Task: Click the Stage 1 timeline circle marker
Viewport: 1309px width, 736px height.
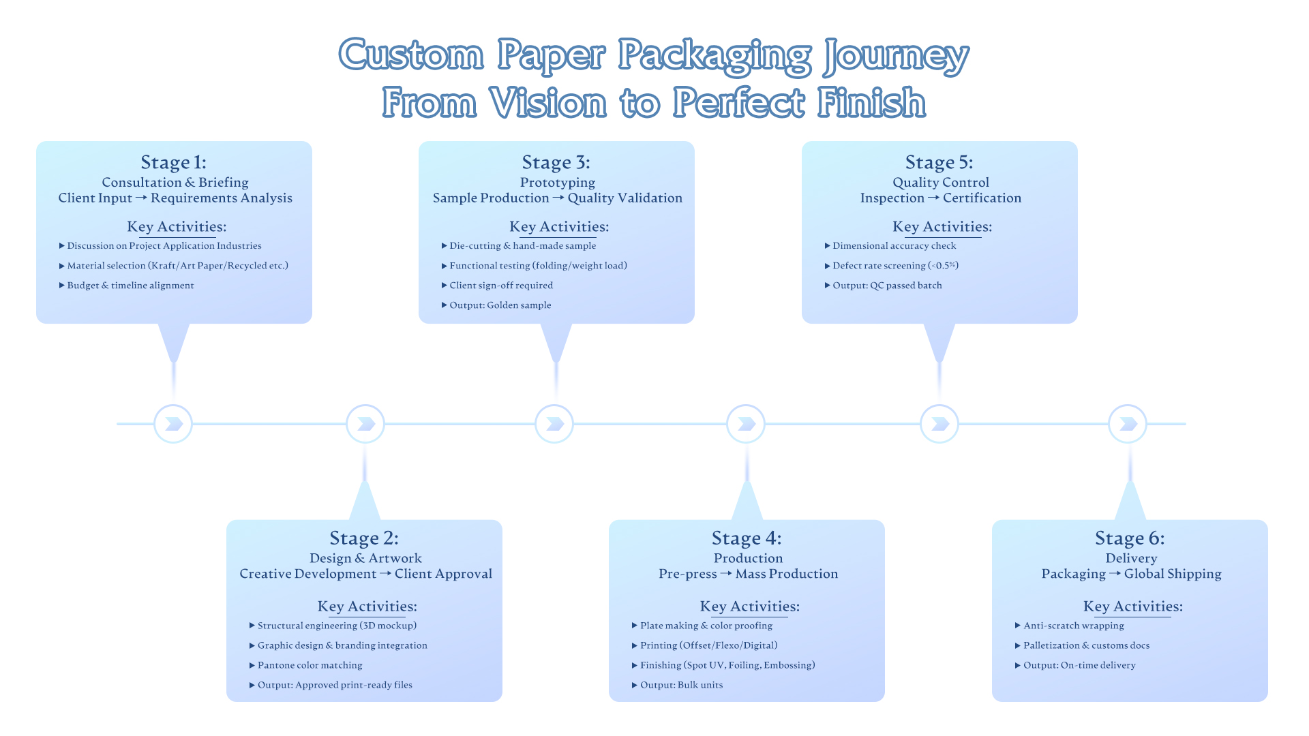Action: pyautogui.click(x=173, y=424)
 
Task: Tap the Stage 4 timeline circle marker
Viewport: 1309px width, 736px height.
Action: pyautogui.click(x=746, y=424)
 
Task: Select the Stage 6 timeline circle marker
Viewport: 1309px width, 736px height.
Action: pyautogui.click(x=1128, y=424)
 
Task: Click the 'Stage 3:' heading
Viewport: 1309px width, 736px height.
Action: pyautogui.click(x=556, y=162)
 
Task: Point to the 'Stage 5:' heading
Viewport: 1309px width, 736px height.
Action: pyautogui.click(x=939, y=162)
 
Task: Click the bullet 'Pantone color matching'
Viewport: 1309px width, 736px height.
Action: pyautogui.click(x=310, y=665)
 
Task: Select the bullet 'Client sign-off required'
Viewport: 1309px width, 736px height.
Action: pyautogui.click(x=501, y=286)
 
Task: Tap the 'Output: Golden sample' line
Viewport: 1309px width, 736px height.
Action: pyautogui.click(x=500, y=305)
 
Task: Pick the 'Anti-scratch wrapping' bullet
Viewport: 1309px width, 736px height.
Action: pyautogui.click(x=1073, y=626)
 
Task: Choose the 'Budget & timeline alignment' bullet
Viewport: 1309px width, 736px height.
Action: pyautogui.click(x=130, y=286)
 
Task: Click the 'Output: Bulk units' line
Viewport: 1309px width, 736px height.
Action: pyautogui.click(x=681, y=685)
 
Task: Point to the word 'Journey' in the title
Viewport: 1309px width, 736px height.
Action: pyautogui.click(x=896, y=56)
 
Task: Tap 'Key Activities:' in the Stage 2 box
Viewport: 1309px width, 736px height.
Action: pyautogui.click(x=367, y=607)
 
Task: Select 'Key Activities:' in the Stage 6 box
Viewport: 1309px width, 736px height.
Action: pyautogui.click(x=1132, y=607)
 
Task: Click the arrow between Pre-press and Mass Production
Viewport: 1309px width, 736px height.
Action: pyautogui.click(x=726, y=574)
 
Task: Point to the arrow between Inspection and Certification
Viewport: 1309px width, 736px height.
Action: pyautogui.click(x=933, y=198)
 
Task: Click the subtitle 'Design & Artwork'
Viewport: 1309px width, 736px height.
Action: pyautogui.click(x=365, y=558)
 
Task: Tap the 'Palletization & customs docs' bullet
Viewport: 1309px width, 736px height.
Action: pyautogui.click(x=1086, y=645)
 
